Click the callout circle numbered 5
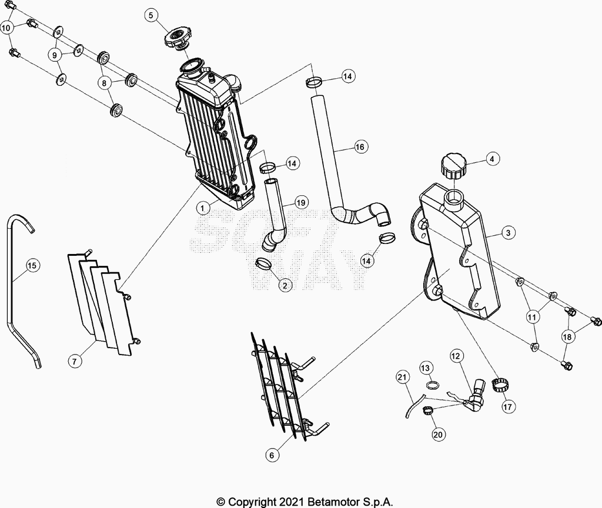coord(151,15)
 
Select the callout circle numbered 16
coord(360,146)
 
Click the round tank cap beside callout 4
coord(453,166)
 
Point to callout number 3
coord(509,233)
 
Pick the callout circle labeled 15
coord(32,265)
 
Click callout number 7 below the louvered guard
coord(75,361)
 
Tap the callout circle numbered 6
coord(272,456)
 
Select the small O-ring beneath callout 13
coord(432,385)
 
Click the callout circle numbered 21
coord(402,377)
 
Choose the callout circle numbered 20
coord(437,435)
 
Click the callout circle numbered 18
coord(567,337)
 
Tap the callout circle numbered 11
coord(531,317)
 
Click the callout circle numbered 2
coord(285,285)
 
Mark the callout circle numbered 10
coord(6,28)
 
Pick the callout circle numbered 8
coord(103,82)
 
